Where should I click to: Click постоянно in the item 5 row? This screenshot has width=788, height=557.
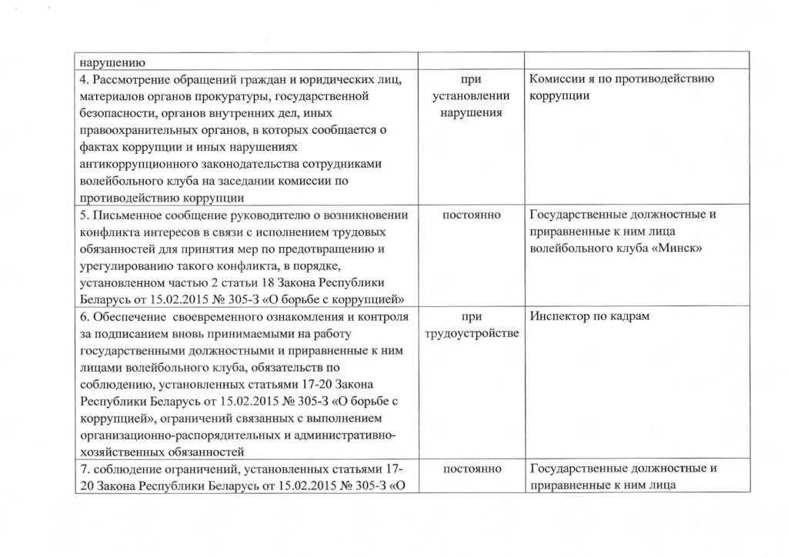point(469,215)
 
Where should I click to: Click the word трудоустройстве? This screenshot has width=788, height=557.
point(469,334)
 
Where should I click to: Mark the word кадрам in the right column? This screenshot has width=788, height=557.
point(636,317)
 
